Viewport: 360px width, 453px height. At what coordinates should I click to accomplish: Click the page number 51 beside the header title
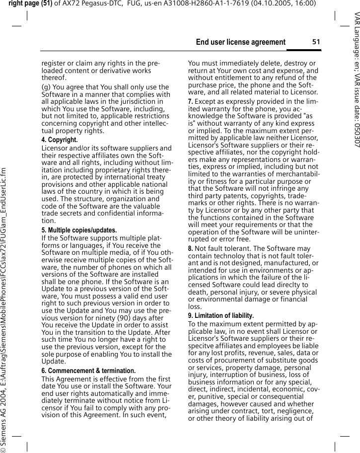click(316, 42)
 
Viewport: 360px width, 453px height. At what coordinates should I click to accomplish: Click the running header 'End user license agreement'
click(241, 42)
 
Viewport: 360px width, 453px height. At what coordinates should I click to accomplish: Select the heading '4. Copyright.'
click(59, 140)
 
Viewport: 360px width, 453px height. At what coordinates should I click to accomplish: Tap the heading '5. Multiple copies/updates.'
click(79, 230)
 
